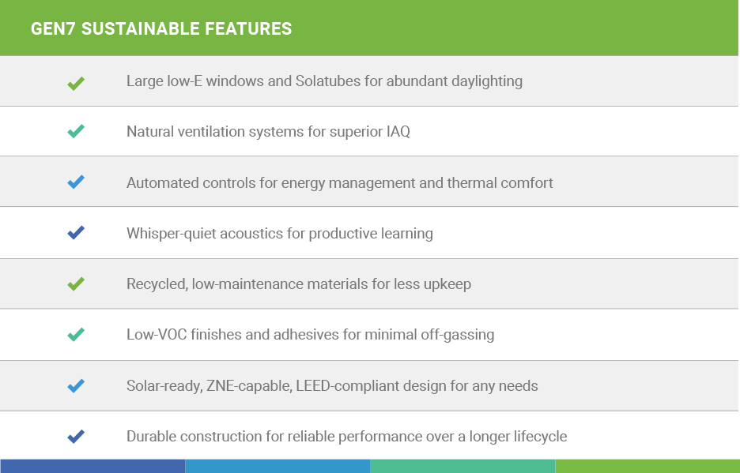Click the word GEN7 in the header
point(53,28)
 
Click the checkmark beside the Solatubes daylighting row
point(76,83)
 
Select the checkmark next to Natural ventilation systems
point(76,131)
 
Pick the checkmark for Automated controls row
point(76,182)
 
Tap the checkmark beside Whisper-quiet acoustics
point(76,232)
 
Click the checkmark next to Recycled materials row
point(76,283)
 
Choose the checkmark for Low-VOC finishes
point(76,334)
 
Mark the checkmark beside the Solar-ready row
point(76,386)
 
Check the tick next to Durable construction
point(76,436)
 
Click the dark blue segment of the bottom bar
point(92,466)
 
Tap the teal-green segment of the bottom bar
point(462,466)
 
